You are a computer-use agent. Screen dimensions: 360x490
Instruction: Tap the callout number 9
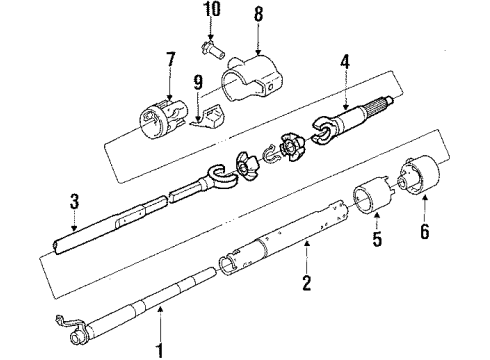(x=196, y=83)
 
